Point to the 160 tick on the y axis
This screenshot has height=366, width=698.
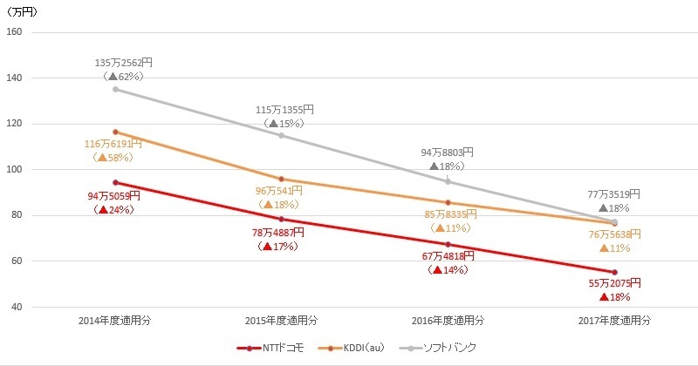(x=15, y=32)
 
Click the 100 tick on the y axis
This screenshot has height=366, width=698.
(x=15, y=170)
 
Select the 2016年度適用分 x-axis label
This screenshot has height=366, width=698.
(x=448, y=321)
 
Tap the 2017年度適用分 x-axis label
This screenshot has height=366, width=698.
(x=614, y=321)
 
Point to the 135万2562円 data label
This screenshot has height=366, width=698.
(x=124, y=63)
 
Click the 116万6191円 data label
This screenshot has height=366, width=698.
(x=113, y=144)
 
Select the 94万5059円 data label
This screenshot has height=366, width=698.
(x=113, y=196)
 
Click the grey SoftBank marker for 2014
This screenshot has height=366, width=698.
(x=115, y=89)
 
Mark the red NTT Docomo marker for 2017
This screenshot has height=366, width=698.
(x=614, y=272)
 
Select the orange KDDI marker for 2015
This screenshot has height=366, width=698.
(x=281, y=179)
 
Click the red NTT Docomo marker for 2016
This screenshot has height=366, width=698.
(x=448, y=244)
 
